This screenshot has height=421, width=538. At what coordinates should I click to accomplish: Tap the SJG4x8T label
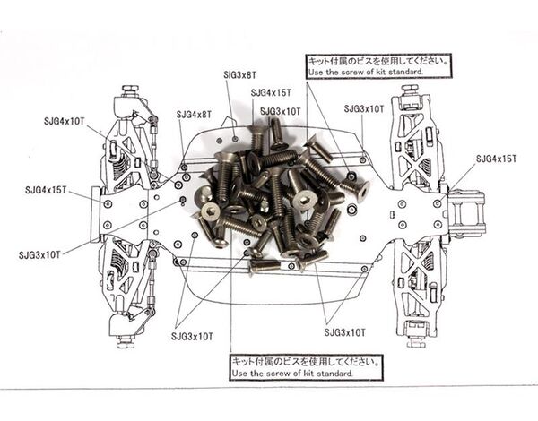point(194,115)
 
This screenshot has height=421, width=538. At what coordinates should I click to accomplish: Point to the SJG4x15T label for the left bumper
point(48,190)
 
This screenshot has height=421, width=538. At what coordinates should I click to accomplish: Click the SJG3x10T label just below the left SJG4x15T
point(39,254)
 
